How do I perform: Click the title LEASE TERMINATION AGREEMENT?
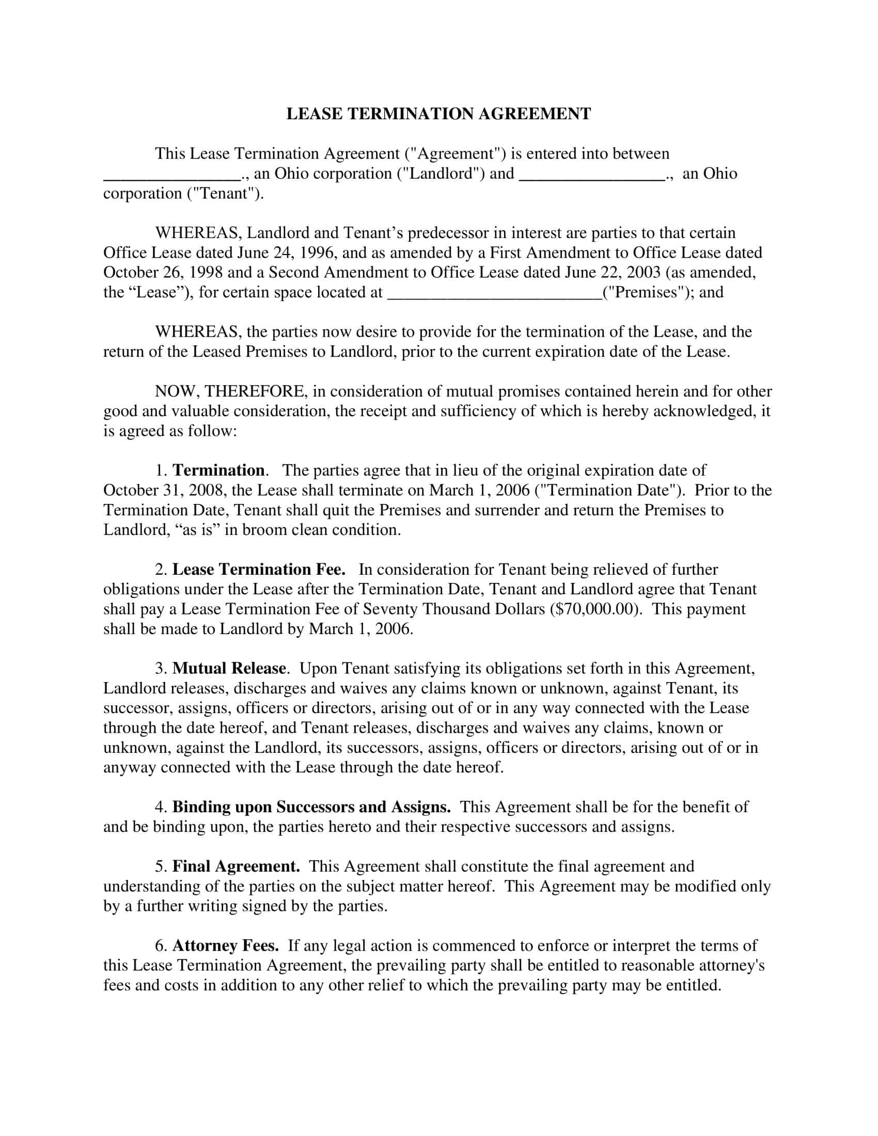click(x=438, y=114)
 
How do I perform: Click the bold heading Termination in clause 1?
click(x=218, y=471)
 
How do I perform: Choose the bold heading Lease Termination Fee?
click(x=259, y=570)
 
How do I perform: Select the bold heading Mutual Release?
click(x=229, y=668)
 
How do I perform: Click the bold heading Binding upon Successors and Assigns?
click(x=311, y=807)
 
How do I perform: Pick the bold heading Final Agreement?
click(x=236, y=866)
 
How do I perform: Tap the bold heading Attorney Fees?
click(x=226, y=945)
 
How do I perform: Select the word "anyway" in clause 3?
click(x=130, y=768)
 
